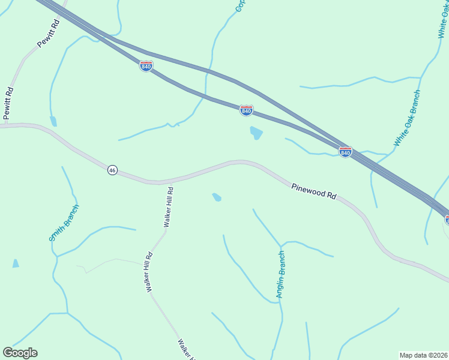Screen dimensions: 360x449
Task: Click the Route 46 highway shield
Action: pyautogui.click(x=112, y=170)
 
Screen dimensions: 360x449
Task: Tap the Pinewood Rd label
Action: pyautogui.click(x=315, y=191)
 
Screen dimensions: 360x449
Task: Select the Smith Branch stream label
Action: pyautogui.click(x=64, y=223)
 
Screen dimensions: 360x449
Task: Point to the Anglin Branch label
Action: pyautogui.click(x=280, y=275)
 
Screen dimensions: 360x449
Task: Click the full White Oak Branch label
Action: pyautogui.click(x=407, y=118)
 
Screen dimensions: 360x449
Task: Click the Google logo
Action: pyautogui.click(x=20, y=353)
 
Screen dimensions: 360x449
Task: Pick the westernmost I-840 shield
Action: pyautogui.click(x=146, y=66)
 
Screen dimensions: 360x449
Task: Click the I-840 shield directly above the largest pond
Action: pyautogui.click(x=246, y=111)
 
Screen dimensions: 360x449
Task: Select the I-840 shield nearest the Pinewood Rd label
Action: pyautogui.click(x=345, y=152)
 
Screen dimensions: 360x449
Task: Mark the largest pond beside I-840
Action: pyautogui.click(x=256, y=133)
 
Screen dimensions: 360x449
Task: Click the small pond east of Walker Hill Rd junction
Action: pyautogui.click(x=217, y=197)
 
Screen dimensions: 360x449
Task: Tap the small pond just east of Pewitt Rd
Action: pyautogui.click(x=53, y=121)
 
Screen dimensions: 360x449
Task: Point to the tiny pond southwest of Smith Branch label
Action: pyautogui.click(x=15, y=263)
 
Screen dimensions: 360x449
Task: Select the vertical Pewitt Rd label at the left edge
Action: pyautogui.click(x=8, y=104)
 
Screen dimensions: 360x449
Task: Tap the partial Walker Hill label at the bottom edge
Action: pyautogui.click(x=185, y=349)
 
